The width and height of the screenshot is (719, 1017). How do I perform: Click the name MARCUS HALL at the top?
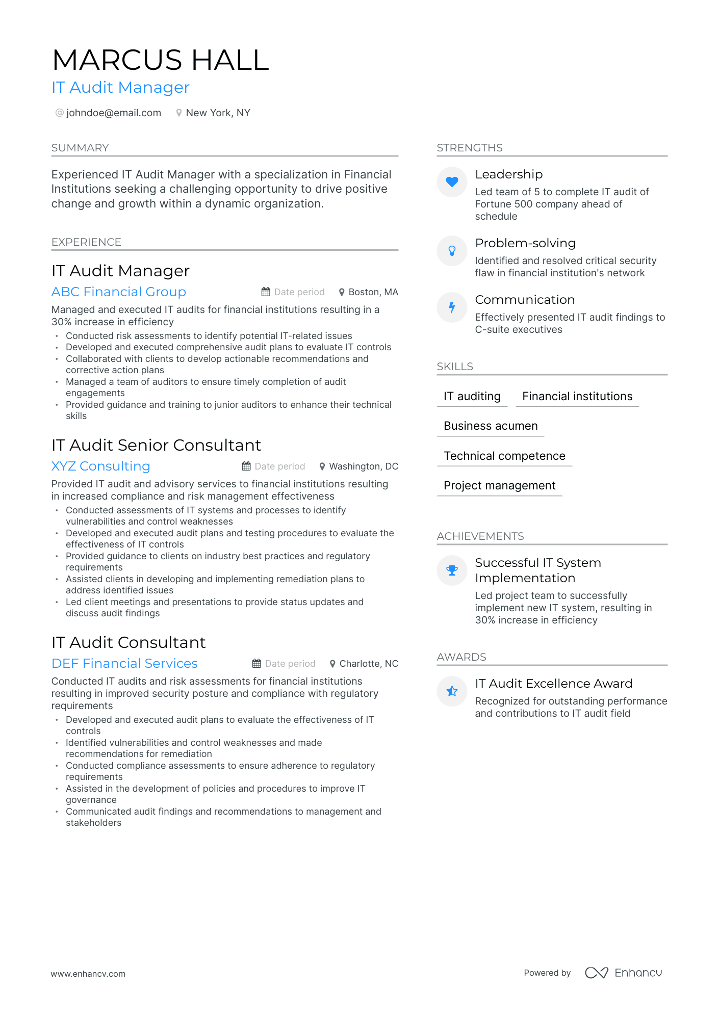click(x=161, y=60)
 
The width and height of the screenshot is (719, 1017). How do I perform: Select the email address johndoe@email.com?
click(x=113, y=113)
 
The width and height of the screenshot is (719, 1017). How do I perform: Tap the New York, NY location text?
click(x=218, y=113)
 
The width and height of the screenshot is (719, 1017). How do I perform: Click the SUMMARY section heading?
click(x=80, y=148)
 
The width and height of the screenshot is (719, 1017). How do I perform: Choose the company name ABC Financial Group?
click(x=119, y=292)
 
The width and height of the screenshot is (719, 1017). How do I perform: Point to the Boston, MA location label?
click(x=373, y=292)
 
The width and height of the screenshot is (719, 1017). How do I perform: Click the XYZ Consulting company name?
click(x=101, y=466)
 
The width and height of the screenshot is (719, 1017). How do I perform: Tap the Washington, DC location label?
click(x=363, y=466)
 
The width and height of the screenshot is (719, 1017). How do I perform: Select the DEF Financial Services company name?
click(x=124, y=664)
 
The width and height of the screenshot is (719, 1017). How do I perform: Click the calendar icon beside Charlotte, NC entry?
click(x=256, y=664)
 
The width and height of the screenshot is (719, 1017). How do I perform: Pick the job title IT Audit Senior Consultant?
click(x=156, y=446)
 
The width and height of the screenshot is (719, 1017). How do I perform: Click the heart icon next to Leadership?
click(x=452, y=182)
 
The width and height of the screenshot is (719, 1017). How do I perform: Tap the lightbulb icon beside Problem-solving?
click(x=452, y=251)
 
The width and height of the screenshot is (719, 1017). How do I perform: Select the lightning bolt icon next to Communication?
click(x=452, y=307)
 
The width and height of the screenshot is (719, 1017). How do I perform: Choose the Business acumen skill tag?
click(x=491, y=426)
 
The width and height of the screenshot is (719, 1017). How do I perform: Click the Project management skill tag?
click(x=500, y=486)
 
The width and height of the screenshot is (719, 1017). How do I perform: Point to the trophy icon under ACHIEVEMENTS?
click(x=452, y=570)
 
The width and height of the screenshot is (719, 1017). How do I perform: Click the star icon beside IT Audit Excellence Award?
click(x=452, y=691)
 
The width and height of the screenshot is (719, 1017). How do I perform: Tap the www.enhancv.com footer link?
click(x=88, y=974)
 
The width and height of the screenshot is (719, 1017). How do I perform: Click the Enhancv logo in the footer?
click(x=623, y=973)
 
